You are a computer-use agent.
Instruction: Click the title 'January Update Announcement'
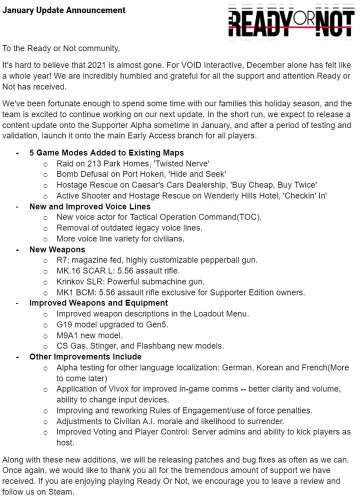[x=64, y=10]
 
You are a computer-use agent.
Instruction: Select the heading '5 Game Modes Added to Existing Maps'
[x=106, y=152]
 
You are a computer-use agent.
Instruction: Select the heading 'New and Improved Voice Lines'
[x=90, y=206]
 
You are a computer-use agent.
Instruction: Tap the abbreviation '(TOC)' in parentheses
[x=249, y=217]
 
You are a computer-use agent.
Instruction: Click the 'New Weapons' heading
[x=57, y=249]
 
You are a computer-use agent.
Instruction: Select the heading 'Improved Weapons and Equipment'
[x=98, y=302]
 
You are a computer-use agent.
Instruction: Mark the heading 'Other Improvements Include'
[x=85, y=356]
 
